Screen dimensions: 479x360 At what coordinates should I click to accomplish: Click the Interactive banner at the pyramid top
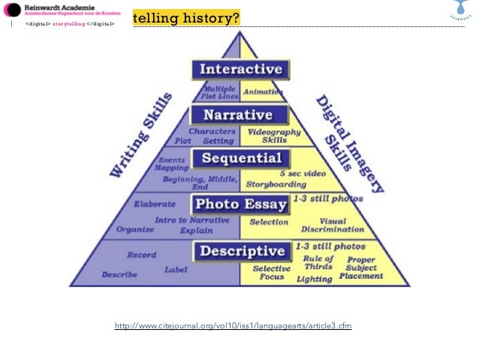point(239,69)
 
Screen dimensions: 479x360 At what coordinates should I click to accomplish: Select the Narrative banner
point(239,115)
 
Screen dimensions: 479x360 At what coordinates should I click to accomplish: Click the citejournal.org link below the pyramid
point(233,326)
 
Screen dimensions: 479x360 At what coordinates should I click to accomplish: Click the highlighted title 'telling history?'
point(186,17)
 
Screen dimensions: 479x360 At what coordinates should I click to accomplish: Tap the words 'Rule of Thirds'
point(318,262)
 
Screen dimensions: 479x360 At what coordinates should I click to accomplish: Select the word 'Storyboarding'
point(279,183)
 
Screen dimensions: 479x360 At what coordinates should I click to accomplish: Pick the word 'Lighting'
point(314,279)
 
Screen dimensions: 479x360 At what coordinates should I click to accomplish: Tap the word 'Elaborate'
point(155,204)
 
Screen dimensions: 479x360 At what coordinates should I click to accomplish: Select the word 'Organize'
point(135,229)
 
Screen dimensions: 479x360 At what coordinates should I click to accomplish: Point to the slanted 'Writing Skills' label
point(141,135)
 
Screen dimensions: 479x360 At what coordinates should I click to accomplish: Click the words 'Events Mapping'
point(172,163)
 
